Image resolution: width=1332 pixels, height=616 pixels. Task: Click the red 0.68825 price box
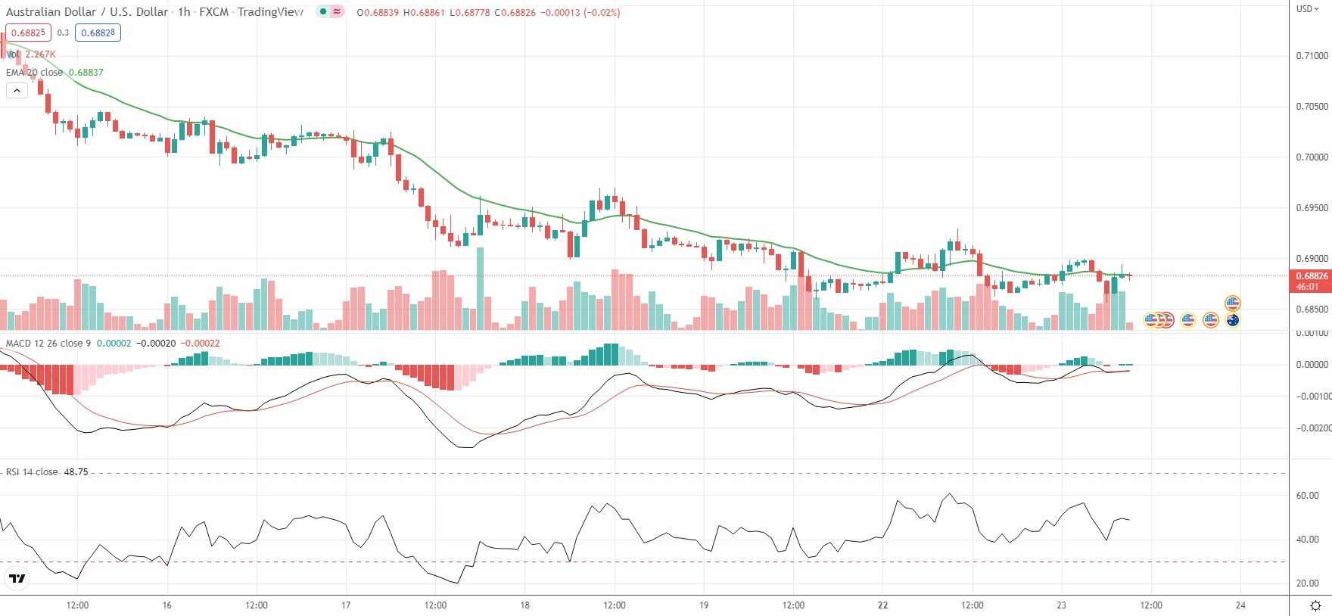[28, 33]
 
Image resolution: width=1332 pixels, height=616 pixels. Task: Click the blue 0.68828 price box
[98, 33]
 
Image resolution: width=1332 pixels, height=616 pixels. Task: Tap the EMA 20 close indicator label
[34, 73]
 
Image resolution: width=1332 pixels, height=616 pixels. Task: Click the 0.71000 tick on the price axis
[1312, 56]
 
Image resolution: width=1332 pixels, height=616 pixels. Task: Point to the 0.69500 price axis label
[1312, 208]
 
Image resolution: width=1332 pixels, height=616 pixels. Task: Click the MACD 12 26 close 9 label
[48, 344]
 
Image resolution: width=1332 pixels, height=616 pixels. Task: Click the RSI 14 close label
[32, 472]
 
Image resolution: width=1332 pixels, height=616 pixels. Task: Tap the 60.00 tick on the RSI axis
[1307, 496]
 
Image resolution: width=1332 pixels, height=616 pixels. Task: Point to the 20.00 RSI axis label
[1307, 583]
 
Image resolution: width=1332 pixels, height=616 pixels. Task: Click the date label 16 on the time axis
[166, 605]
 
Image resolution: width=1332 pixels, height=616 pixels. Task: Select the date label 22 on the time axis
[882, 605]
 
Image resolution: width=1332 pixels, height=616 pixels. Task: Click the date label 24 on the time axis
[1240, 605]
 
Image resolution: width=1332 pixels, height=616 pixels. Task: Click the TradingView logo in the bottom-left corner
[17, 580]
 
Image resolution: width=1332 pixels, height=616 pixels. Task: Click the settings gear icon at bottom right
[1315, 605]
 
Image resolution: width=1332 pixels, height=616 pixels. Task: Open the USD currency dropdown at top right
[1307, 9]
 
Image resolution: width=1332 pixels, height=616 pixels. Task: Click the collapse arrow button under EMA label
[17, 90]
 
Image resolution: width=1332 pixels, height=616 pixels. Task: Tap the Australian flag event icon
[1233, 320]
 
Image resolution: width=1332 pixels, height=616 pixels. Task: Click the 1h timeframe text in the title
[184, 12]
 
